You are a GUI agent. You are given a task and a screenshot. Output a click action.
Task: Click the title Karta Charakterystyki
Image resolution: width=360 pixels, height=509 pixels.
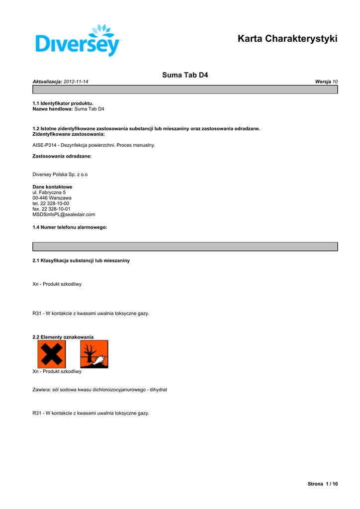[x=287, y=39]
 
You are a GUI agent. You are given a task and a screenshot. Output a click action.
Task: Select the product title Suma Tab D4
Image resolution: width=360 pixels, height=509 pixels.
[x=185, y=75]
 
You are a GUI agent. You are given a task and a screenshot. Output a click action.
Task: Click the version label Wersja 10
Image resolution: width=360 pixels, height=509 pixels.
[x=326, y=82]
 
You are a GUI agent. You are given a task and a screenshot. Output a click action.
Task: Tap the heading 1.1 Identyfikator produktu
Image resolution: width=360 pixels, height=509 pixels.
[x=63, y=103]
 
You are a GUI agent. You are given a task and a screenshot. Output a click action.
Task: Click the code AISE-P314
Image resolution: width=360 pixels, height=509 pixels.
[x=44, y=145]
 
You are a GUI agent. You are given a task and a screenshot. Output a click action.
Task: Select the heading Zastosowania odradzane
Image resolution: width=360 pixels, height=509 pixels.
[x=62, y=156]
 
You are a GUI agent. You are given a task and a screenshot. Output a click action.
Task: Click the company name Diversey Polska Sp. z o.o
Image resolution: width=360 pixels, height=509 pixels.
[x=60, y=174]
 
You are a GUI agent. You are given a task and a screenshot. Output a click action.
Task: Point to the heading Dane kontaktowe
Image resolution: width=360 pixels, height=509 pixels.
[x=52, y=187]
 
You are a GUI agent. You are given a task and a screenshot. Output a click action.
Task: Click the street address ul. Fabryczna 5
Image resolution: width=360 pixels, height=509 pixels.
[x=49, y=192]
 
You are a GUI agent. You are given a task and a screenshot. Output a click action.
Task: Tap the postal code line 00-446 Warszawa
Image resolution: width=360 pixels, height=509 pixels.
[x=52, y=198]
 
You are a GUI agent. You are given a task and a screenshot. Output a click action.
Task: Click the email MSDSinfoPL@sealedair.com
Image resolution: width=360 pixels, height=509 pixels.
[x=64, y=214]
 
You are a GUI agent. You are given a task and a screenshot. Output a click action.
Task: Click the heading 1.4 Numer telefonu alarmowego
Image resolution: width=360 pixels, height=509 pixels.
[x=70, y=227]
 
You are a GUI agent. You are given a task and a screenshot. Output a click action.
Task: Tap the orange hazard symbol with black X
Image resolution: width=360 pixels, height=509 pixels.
[x=51, y=354]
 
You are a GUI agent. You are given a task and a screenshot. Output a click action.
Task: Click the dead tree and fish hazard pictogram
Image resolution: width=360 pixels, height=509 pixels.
[x=94, y=354]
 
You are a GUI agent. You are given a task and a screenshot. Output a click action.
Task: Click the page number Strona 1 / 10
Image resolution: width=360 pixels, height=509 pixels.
[x=323, y=484]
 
